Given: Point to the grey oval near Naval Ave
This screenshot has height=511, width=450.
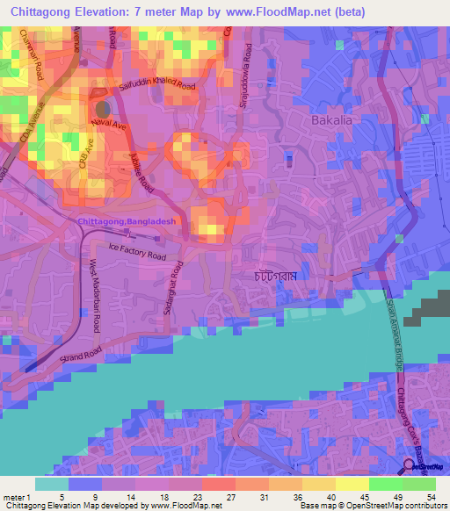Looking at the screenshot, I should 101,109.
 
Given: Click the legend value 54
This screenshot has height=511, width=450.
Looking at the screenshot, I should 430,498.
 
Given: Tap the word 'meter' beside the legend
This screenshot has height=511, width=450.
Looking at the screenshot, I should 15,498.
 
